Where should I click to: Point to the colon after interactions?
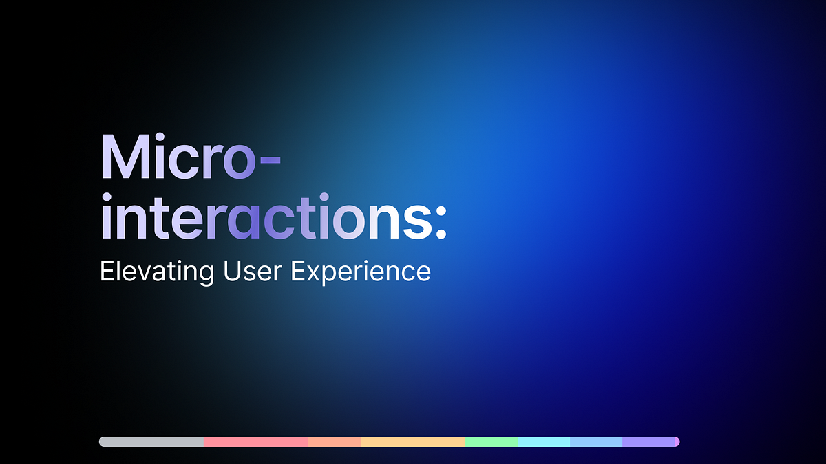coord(439,221)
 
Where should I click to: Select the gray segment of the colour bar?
coord(151,441)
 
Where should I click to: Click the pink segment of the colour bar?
coord(255,441)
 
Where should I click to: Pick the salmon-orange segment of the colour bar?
coord(335,441)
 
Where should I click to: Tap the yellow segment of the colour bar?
coord(413,441)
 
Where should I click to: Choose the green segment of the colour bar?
coord(491,441)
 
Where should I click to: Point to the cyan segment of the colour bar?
coord(544,441)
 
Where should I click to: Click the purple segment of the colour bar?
coord(650,441)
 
